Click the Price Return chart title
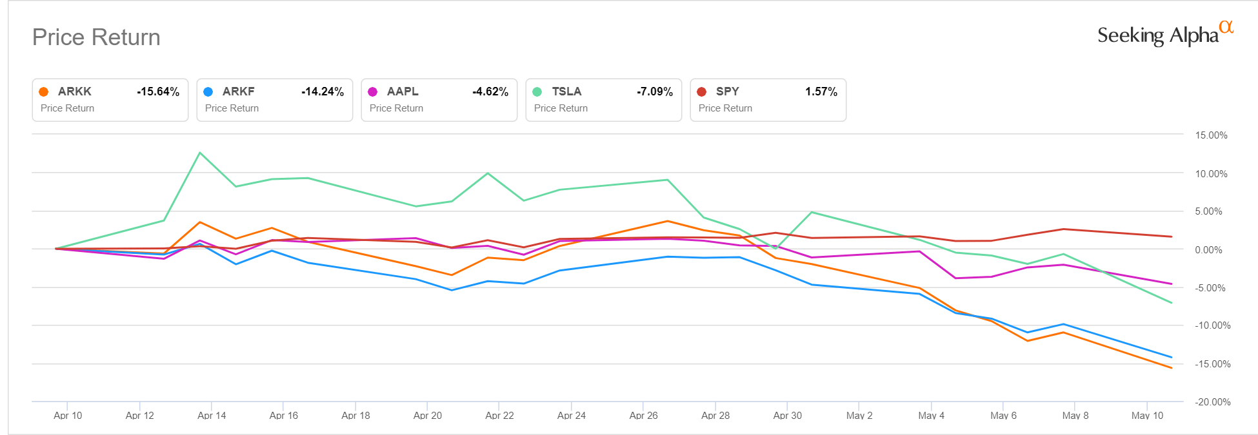tap(96, 37)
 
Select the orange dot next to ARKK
tap(44, 92)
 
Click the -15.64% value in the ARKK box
tap(157, 92)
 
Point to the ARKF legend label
tap(238, 92)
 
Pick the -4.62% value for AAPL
tap(490, 92)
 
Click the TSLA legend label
tap(566, 92)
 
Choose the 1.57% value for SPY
tap(821, 92)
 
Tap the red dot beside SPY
tap(702, 92)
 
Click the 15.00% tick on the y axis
tap(1211, 135)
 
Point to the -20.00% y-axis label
tap(1211, 402)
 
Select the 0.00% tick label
tap(1208, 250)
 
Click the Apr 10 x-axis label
tap(68, 416)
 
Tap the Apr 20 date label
tap(428, 416)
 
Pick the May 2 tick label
tap(859, 416)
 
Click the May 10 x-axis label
tap(1147, 416)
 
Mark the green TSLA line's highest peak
tap(200, 153)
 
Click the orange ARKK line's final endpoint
tap(1172, 368)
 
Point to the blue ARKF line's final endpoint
tap(1172, 357)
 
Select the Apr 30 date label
tap(788, 416)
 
